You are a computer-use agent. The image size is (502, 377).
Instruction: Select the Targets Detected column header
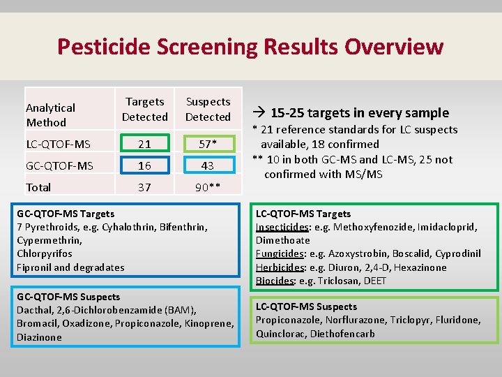[144, 110]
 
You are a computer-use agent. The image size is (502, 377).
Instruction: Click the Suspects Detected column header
[208, 110]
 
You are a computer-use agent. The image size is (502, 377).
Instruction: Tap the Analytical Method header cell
[50, 114]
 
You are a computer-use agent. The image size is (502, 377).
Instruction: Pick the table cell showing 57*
[208, 144]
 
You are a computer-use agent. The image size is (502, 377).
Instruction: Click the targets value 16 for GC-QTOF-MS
[144, 165]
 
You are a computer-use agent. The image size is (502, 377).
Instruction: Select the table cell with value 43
[208, 165]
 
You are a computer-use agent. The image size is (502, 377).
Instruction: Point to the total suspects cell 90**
[208, 187]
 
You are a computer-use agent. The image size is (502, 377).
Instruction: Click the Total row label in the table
[39, 187]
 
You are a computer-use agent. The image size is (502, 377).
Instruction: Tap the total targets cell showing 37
[144, 187]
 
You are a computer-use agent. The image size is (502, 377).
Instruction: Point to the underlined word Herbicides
[280, 267]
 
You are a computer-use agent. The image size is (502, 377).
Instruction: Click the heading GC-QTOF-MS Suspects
[68, 297]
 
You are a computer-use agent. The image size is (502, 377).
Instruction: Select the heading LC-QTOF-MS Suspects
[306, 306]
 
